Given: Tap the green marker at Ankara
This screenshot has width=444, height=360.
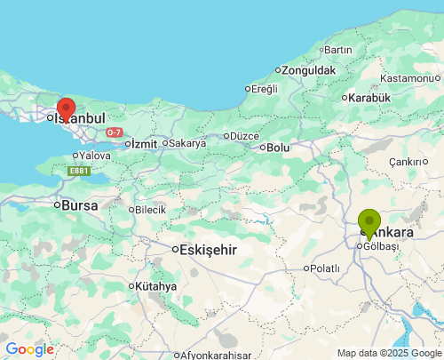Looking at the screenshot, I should click(x=369, y=222).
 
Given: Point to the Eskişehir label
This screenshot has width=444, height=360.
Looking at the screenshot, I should click(x=208, y=250).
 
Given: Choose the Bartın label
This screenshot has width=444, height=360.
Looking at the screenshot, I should click(x=338, y=50).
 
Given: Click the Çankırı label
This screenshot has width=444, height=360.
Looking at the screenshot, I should click(x=409, y=162).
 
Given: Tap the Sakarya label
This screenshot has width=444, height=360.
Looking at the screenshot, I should click(x=186, y=143).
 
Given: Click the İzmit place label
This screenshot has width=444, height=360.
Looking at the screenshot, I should click(x=143, y=143).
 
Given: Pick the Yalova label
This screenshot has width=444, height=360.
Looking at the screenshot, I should click(x=94, y=156).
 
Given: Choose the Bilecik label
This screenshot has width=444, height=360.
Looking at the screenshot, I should click(x=150, y=210).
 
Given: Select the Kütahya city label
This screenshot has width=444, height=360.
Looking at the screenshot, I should click(x=155, y=286).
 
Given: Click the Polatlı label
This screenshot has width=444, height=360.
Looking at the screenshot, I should click(x=324, y=268).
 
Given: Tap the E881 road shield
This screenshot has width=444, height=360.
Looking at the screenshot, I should click(x=79, y=172).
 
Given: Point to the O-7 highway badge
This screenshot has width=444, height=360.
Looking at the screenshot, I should click(x=114, y=132).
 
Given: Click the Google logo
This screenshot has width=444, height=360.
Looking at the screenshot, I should click(x=29, y=349).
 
